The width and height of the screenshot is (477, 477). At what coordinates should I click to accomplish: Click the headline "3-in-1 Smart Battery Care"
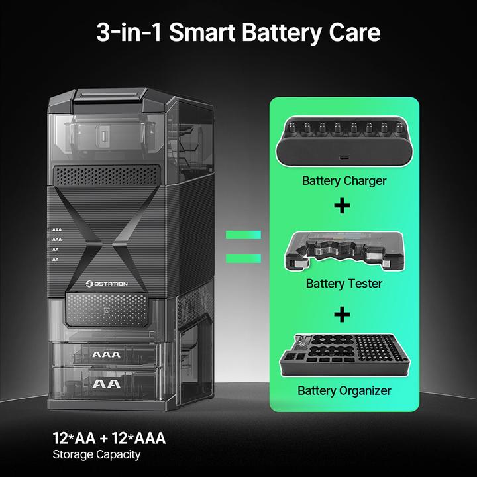[238, 32]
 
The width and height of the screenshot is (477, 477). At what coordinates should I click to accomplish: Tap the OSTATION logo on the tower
[107, 284]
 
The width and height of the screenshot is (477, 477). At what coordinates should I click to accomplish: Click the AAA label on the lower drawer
[106, 354]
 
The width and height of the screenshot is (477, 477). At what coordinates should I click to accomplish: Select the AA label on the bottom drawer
[106, 384]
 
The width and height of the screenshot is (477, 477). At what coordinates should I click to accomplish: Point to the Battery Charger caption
[344, 181]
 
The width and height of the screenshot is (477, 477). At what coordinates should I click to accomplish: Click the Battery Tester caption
[344, 284]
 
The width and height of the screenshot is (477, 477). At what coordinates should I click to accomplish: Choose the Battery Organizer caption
[344, 391]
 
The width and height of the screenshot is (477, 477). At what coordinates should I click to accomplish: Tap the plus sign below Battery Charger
[342, 206]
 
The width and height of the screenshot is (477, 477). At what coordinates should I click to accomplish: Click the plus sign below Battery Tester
[342, 314]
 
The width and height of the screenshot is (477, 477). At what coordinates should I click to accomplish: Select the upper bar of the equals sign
[243, 235]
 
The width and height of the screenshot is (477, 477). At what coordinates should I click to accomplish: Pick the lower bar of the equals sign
[243, 258]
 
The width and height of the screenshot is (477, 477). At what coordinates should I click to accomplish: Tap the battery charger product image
[344, 141]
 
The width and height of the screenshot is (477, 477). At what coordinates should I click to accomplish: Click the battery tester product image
[344, 251]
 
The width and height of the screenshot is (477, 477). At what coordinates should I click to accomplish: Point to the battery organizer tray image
[344, 355]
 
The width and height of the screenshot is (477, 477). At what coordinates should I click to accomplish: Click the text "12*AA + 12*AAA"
[109, 438]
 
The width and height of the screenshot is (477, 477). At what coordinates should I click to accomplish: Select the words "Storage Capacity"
[97, 455]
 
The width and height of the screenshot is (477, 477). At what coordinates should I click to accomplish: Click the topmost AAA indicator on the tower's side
[56, 230]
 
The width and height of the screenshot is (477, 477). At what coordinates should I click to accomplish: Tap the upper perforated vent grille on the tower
[107, 176]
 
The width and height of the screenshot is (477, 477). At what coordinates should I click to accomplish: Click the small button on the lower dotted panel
[107, 311]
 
